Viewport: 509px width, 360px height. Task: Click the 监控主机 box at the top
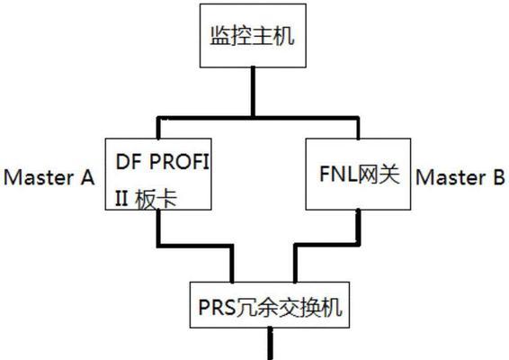pyautogui.click(x=253, y=36)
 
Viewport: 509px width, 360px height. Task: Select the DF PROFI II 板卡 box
pyautogui.click(x=158, y=175)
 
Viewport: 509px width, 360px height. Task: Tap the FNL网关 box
pyautogui.click(x=359, y=175)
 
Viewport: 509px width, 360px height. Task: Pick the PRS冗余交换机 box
pyautogui.click(x=270, y=305)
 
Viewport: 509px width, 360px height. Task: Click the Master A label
pyautogui.click(x=49, y=177)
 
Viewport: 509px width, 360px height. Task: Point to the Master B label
pyautogui.click(x=460, y=177)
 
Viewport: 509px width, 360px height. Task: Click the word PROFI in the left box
pyautogui.click(x=179, y=161)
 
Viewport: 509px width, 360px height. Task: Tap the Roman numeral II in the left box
pyautogui.click(x=121, y=199)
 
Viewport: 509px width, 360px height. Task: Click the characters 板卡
pyautogui.click(x=156, y=199)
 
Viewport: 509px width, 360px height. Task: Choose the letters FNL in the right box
pyautogui.click(x=339, y=174)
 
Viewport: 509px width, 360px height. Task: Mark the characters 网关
pyautogui.click(x=379, y=175)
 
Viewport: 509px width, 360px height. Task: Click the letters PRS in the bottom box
pyautogui.click(x=217, y=307)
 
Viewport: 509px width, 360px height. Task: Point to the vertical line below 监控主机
pyautogui.click(x=253, y=92)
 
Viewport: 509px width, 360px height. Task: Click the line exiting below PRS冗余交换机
pyautogui.click(x=270, y=344)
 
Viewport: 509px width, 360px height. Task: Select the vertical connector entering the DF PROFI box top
pyautogui.click(x=158, y=128)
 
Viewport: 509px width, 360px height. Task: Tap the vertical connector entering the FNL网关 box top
pyautogui.click(x=358, y=128)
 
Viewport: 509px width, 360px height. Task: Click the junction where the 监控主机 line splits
pyautogui.click(x=253, y=117)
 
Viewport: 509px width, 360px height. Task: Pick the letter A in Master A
pyautogui.click(x=87, y=177)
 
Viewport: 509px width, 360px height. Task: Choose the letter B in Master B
pyautogui.click(x=499, y=177)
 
